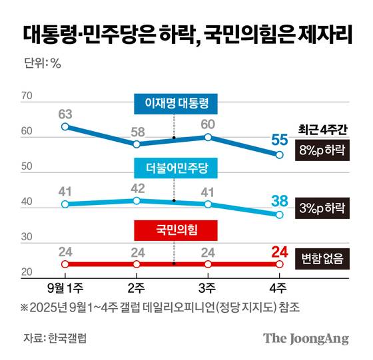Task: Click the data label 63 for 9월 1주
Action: click(65, 112)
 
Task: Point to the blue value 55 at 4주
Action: click(280, 140)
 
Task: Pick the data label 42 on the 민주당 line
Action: click(137, 187)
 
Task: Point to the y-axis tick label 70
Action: click(27, 97)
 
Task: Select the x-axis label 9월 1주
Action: click(65, 287)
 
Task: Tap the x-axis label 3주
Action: click(208, 287)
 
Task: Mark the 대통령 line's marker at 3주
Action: click(208, 137)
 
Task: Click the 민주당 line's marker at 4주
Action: click(280, 214)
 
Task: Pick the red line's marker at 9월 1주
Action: click(65, 264)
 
